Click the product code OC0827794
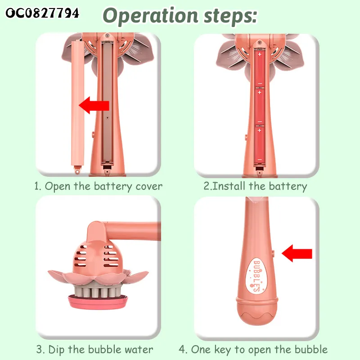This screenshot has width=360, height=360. pos(42,13)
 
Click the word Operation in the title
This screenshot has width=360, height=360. pos(151,16)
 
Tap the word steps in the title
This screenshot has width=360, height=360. pos(230,17)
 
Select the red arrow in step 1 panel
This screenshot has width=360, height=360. pos(94,105)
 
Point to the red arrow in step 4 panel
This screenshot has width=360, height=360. pos(297,253)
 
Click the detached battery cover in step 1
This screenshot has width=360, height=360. pos(77,106)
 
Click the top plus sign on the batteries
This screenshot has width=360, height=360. pos(260,54)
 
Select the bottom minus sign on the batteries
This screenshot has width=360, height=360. pos(260,159)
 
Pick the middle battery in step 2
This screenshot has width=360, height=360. pos(260,107)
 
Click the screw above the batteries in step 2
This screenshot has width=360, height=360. pos(260,43)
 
